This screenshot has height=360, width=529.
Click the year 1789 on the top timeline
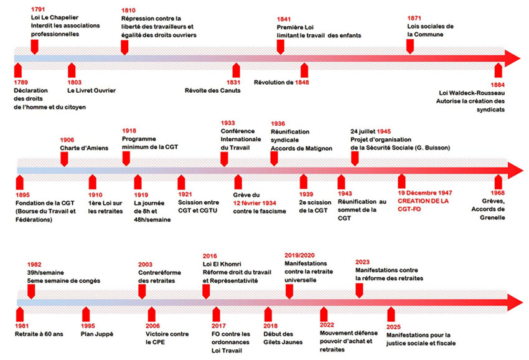tap(22, 82)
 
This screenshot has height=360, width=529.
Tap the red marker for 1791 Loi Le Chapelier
tap(34, 45)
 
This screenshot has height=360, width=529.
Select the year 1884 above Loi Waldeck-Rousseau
tap(497, 84)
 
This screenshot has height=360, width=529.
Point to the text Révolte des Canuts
tap(212, 90)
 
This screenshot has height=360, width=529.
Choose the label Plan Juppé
tap(97, 334)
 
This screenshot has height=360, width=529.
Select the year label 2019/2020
tap(301, 255)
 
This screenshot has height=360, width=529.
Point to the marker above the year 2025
tap(391, 313)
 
